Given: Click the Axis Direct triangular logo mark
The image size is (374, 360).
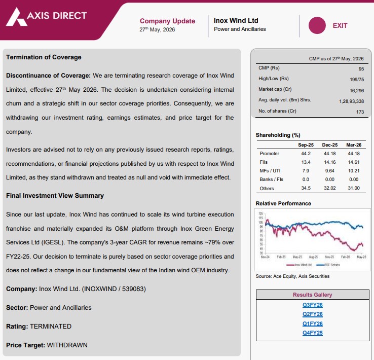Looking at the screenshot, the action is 16,17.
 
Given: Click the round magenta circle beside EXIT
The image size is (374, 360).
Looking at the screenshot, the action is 317,25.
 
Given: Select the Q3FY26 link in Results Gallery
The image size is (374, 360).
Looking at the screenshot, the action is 313,305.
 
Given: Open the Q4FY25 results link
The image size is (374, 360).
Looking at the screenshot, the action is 313,333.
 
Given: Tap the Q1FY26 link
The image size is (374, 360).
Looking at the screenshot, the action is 313,323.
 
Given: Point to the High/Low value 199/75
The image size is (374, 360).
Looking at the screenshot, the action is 357,80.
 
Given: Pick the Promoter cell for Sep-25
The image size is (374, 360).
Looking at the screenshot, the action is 306,154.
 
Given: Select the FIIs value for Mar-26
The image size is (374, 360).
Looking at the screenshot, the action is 354,162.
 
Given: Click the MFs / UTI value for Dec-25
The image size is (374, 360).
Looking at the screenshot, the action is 330,171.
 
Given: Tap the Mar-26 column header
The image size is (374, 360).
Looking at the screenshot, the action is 354,145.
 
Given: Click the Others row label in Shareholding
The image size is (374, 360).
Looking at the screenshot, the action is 267,189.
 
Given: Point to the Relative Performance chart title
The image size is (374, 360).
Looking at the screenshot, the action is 283,203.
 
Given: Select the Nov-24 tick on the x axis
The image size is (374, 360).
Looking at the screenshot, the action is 265,257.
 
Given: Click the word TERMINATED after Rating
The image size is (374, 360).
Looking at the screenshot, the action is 51,327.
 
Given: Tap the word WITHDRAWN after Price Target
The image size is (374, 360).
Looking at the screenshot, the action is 67,345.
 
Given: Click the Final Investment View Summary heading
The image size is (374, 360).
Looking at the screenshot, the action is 55,196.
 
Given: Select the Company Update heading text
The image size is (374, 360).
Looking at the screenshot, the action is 167,21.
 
